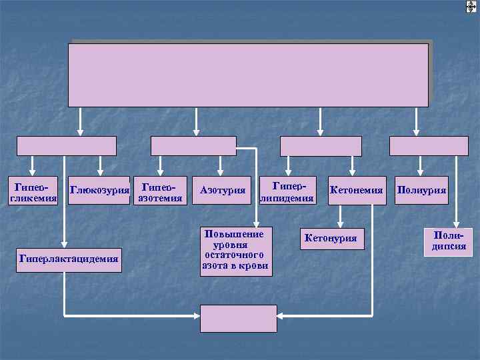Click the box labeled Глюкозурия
pyautogui.click(x=99, y=191)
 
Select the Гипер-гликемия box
pyautogui.click(x=32, y=191)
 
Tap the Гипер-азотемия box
pyautogui.click(x=159, y=191)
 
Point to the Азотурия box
pyautogui.click(x=223, y=191)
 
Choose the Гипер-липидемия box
pyautogui.click(x=287, y=191)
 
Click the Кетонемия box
pyautogui.click(x=356, y=191)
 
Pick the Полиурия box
pyautogui.click(x=421, y=191)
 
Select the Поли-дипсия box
pyautogui.click(x=447, y=242)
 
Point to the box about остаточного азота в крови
pyautogui.click(x=235, y=251)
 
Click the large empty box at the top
pyautogui.click(x=248, y=75)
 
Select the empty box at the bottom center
pyautogui.click(x=239, y=319)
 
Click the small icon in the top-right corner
pyautogui.click(x=471, y=6)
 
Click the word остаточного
pyautogui.click(x=235, y=255)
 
